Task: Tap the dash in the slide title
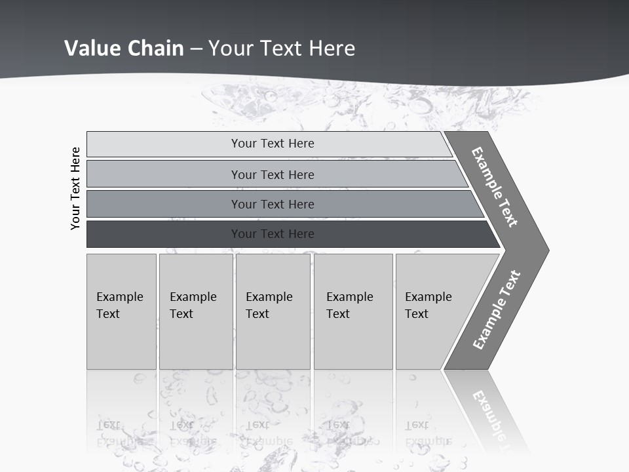[196, 49]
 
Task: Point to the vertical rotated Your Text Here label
[75, 188]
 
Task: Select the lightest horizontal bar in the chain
[273, 144]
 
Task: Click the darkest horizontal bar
[273, 234]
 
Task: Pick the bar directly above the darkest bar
[273, 204]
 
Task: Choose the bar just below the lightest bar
[273, 174]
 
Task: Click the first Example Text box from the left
[121, 311]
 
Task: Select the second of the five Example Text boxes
[195, 311]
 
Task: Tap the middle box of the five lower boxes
[273, 311]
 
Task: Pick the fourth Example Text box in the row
[353, 311]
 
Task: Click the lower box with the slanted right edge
[432, 311]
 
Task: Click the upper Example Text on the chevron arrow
[495, 187]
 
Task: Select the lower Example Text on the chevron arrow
[497, 310]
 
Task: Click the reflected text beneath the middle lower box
[269, 433]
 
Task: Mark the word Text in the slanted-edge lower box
[417, 314]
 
